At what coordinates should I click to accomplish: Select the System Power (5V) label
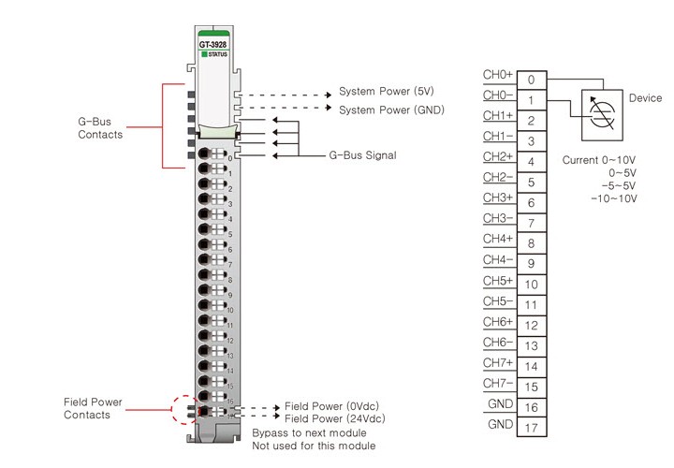(x=385, y=92)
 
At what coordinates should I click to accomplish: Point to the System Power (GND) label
(x=391, y=110)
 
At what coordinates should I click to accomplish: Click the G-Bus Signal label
(x=362, y=154)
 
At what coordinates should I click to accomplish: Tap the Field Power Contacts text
(x=93, y=408)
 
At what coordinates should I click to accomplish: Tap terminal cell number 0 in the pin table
(x=531, y=80)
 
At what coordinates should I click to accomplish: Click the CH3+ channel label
(x=497, y=197)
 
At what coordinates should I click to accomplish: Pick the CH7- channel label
(x=497, y=383)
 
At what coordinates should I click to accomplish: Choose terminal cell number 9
(x=531, y=264)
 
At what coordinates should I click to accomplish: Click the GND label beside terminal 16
(x=500, y=403)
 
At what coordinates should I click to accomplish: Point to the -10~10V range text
(x=613, y=198)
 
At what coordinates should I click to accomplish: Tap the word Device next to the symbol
(x=645, y=98)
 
